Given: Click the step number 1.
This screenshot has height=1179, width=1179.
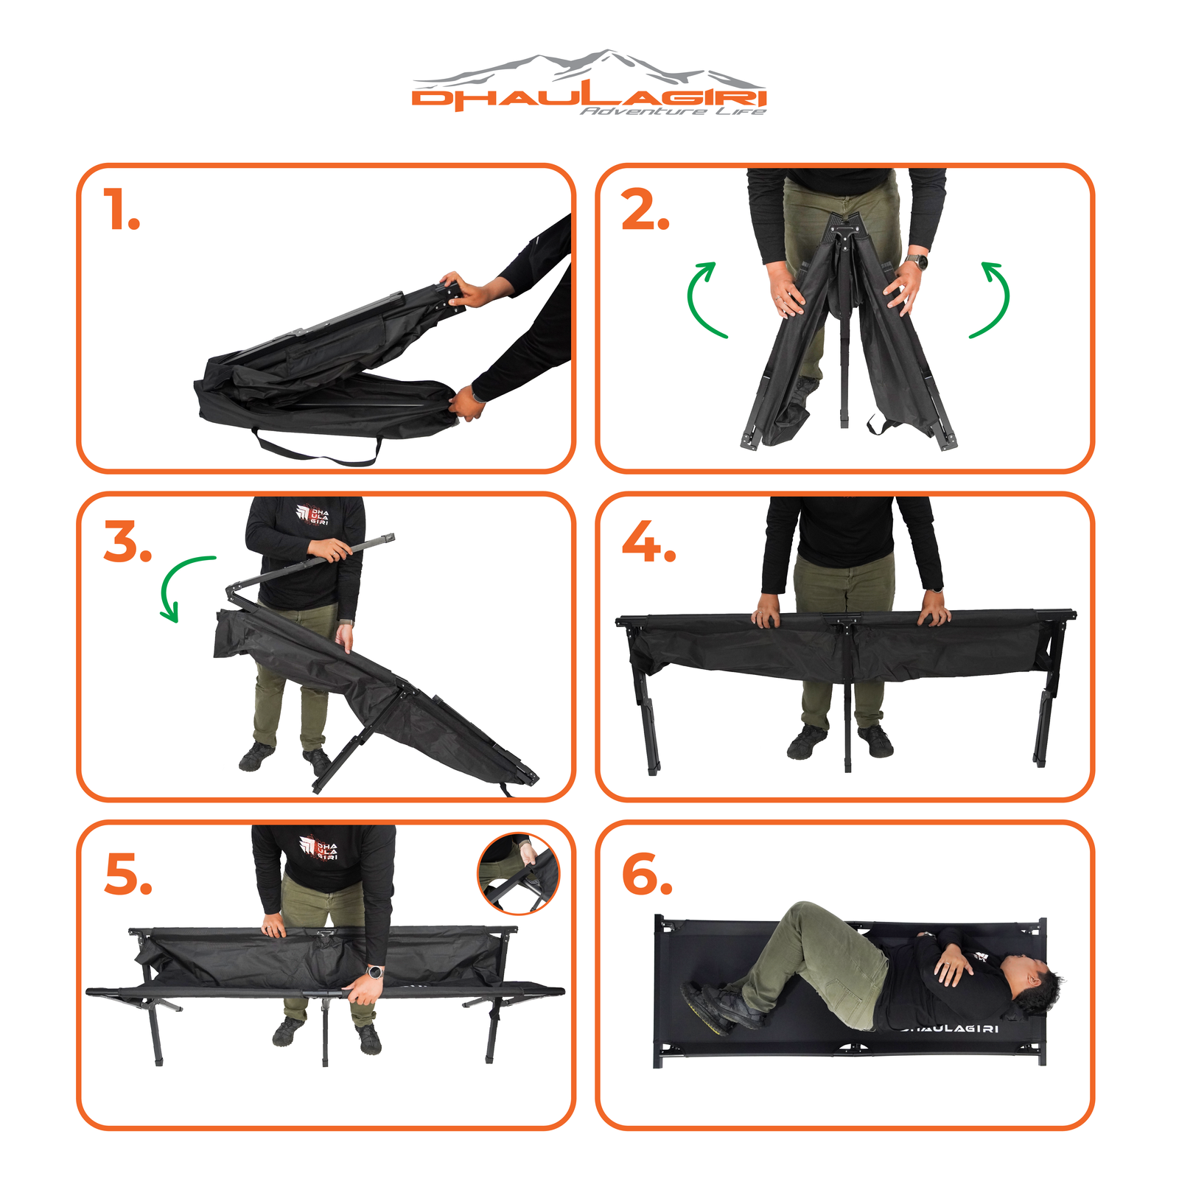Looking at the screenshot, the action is pyautogui.click(x=121, y=209).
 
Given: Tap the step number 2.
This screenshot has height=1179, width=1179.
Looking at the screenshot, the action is pyautogui.click(x=646, y=209).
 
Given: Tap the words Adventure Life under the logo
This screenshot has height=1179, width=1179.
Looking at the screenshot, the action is pyautogui.click(x=673, y=111).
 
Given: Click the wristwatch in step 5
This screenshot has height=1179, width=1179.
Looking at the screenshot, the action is pyautogui.click(x=375, y=972).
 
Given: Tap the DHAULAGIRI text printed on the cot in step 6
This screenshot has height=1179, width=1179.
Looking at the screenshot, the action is pyautogui.click(x=951, y=1029).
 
